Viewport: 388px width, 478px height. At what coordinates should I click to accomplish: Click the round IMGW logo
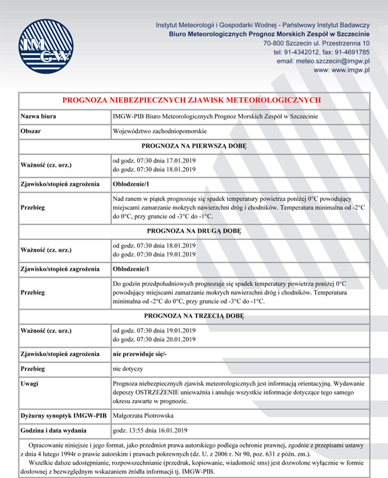pos(46,46)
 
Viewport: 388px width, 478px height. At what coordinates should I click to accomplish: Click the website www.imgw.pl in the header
pos(350,70)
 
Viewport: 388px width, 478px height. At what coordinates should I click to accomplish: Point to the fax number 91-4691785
pos(352,52)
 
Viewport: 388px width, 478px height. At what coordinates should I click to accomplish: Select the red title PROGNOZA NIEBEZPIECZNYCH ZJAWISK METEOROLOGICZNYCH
pos(191,100)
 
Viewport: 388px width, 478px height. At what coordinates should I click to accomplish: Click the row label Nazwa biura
pos(38,116)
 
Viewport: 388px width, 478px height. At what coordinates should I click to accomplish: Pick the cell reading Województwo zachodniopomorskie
pos(160,131)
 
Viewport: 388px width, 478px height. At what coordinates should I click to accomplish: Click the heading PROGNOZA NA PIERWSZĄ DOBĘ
pos(194,146)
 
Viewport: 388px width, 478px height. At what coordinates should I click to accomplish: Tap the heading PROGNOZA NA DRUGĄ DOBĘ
pos(194,231)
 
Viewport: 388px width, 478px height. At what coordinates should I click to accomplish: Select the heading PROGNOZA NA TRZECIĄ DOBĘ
pos(194,316)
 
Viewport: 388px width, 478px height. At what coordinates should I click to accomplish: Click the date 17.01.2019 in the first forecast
pos(181,161)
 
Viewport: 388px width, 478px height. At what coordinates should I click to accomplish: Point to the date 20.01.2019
pos(181,339)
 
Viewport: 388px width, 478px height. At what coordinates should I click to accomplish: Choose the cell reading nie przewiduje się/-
pos(140,354)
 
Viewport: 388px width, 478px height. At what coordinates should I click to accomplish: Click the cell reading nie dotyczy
pos(128,369)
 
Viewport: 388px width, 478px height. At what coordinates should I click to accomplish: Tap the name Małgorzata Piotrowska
pos(143,416)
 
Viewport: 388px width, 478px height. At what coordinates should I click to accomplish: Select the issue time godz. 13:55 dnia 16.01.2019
pos(150,430)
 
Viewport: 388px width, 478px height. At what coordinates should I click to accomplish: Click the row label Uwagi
pos(29,383)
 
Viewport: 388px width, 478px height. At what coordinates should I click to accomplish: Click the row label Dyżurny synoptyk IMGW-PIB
pos(63,416)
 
